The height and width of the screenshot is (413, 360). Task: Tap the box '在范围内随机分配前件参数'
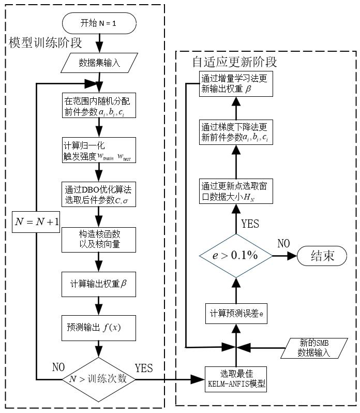(x=98, y=105)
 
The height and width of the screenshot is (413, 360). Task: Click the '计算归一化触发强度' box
(x=98, y=150)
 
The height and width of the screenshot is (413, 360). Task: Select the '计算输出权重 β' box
(x=98, y=284)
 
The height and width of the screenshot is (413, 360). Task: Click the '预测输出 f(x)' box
(x=98, y=328)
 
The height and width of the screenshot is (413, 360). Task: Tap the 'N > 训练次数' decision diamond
(x=98, y=379)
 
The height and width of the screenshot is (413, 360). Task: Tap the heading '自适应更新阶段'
(x=234, y=62)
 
